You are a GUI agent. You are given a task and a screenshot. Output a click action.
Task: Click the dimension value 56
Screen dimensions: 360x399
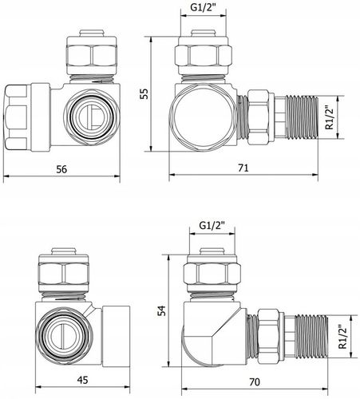(61, 169)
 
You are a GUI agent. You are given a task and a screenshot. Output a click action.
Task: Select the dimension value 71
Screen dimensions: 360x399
(243, 168)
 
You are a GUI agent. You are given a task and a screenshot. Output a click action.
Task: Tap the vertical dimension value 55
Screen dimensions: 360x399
(144, 93)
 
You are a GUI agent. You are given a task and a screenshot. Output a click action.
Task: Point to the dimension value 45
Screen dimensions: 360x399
(82, 380)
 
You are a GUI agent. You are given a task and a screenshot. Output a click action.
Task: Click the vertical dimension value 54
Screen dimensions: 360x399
(161, 310)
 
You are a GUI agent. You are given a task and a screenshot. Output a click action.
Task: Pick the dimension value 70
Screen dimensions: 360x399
(255, 382)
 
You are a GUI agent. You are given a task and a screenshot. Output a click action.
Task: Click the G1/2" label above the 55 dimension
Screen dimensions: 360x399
(204, 7)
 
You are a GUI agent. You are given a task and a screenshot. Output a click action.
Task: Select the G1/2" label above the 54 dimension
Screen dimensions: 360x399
(212, 226)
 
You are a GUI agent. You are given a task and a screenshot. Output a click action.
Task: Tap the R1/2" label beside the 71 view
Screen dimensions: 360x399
(330, 117)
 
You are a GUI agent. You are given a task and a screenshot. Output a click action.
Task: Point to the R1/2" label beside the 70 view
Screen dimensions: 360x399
(342, 337)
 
